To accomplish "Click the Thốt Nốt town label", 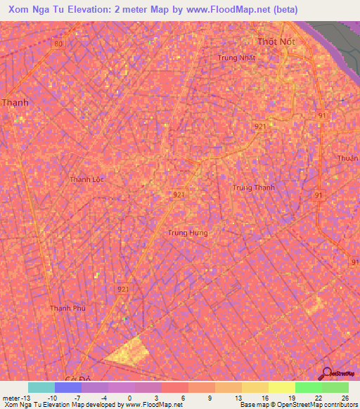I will click(x=276, y=41).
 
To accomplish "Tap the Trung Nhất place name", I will click(x=236, y=58).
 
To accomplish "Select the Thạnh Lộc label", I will click(x=86, y=179).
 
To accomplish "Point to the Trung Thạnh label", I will click(x=253, y=188).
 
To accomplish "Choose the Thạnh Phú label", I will click(x=67, y=308).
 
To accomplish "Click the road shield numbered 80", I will click(x=58, y=44).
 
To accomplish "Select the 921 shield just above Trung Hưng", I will click(x=179, y=195).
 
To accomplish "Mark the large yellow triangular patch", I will click(x=130, y=350).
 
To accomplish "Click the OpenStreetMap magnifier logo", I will click(x=327, y=375).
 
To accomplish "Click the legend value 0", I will click(x=129, y=397).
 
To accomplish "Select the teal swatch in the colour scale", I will click(x=41, y=387).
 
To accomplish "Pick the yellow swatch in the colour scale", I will click(x=282, y=387).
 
